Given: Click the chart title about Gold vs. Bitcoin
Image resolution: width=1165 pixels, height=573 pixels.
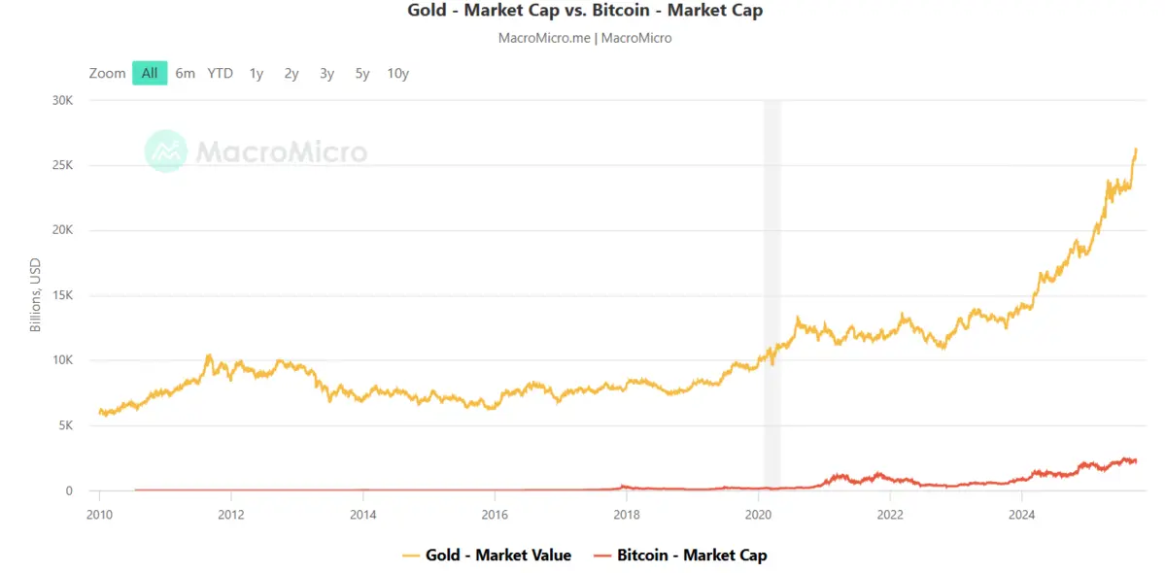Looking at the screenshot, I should click(x=585, y=12).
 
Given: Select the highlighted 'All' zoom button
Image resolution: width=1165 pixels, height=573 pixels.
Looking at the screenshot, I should click(x=150, y=73).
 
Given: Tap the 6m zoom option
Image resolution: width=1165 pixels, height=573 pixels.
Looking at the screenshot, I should click(x=185, y=73).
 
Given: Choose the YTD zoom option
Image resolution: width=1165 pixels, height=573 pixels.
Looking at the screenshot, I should click(x=221, y=73).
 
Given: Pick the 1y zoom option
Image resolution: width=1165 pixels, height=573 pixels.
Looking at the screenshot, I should click(x=256, y=73).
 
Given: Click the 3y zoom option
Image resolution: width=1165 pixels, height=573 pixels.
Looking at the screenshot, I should click(x=326, y=73).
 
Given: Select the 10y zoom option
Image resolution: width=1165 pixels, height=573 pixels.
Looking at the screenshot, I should click(x=397, y=73).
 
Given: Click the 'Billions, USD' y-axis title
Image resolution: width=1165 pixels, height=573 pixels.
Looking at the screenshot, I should click(x=36, y=295).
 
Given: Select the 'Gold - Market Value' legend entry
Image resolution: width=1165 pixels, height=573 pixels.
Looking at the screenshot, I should click(x=487, y=556).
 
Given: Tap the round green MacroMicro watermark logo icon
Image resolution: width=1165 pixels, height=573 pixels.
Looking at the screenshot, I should click(x=165, y=152).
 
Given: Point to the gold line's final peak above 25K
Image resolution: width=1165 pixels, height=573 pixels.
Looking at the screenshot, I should click(x=1136, y=150).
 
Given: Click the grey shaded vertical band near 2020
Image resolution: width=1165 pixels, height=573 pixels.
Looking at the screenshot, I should click(x=771, y=291).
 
